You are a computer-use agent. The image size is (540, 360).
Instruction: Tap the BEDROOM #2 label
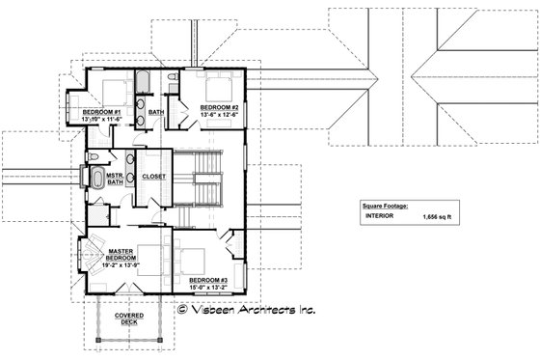(x=220, y=106)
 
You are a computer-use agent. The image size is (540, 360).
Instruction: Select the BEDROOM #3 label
(x=207, y=280)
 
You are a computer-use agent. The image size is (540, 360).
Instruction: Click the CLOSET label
(x=154, y=178)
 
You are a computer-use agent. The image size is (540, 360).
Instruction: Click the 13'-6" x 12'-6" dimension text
(x=220, y=115)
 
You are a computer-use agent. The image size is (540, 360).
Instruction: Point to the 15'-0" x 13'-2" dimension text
(x=207, y=288)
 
